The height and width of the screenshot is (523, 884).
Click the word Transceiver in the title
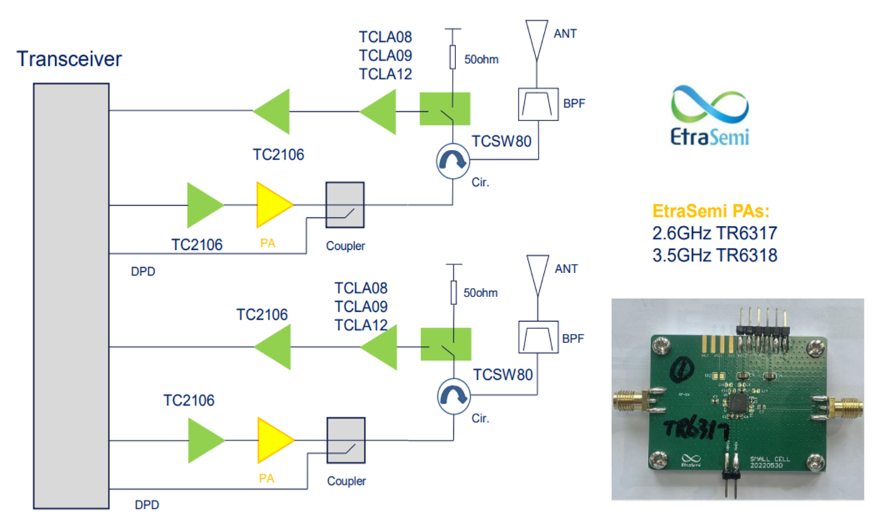tap(69, 59)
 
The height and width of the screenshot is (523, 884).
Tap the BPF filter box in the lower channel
tap(537, 337)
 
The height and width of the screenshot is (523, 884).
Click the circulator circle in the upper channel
tap(452, 161)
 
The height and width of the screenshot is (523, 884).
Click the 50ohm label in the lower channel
tap(481, 292)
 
